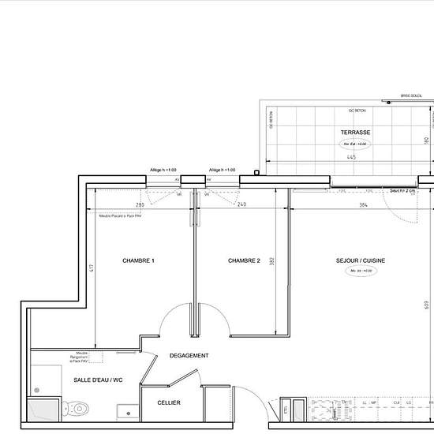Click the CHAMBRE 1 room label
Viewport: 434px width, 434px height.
pyautogui.click(x=137, y=261)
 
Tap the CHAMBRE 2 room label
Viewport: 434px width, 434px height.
pyautogui.click(x=244, y=261)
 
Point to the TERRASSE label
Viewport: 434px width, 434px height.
pyautogui.click(x=356, y=133)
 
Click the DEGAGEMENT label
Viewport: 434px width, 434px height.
pyautogui.click(x=189, y=356)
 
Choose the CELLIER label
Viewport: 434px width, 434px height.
pyautogui.click(x=169, y=403)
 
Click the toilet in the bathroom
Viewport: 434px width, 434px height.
pyautogui.click(x=77, y=408)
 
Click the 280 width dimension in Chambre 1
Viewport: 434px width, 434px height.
pyautogui.click(x=140, y=205)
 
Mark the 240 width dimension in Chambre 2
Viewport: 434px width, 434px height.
pyautogui.click(x=241, y=205)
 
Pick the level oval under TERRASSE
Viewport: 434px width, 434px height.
pyautogui.click(x=355, y=144)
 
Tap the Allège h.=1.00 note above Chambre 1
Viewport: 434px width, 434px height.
pyautogui.click(x=163, y=170)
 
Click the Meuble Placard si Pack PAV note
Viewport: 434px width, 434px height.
pyautogui.click(x=120, y=215)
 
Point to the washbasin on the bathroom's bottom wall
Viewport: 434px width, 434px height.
pyautogui.click(x=125, y=410)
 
